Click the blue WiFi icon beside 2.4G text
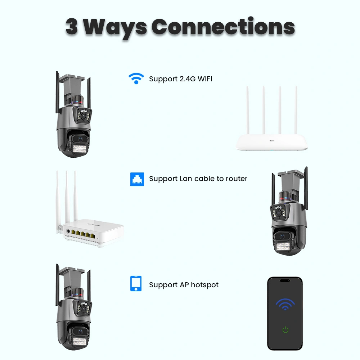click(136, 78)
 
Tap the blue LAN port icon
click(137, 179)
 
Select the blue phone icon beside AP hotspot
click(136, 284)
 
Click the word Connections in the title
click(223, 27)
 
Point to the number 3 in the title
click(72, 27)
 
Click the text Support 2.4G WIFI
click(181, 79)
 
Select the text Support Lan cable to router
click(198, 179)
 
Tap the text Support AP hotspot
click(184, 285)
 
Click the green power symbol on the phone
click(285, 330)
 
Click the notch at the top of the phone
click(285, 280)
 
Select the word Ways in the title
click(115, 28)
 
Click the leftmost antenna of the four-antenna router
click(248, 110)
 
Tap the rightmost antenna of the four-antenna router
click(296, 110)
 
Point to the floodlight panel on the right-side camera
click(283, 247)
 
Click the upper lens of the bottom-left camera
click(83, 309)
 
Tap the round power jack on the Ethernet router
click(68, 231)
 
